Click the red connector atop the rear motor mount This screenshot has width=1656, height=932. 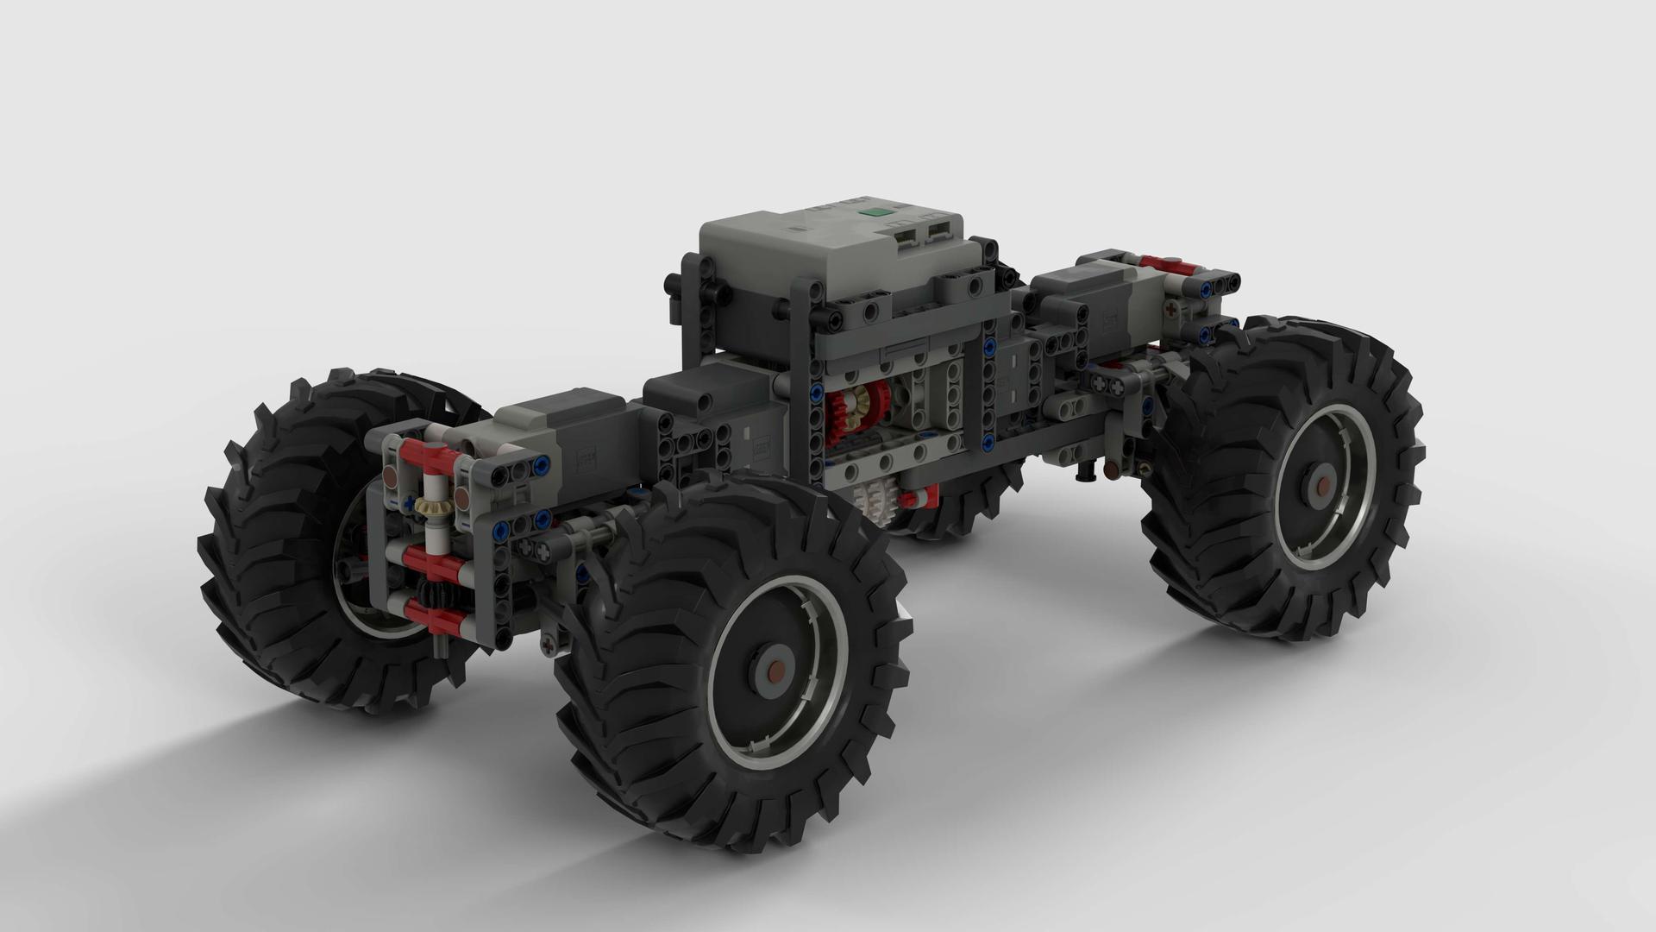(1166, 261)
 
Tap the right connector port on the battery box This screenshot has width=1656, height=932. (937, 230)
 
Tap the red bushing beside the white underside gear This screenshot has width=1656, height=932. (918, 497)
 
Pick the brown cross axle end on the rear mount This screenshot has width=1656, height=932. (1170, 306)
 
